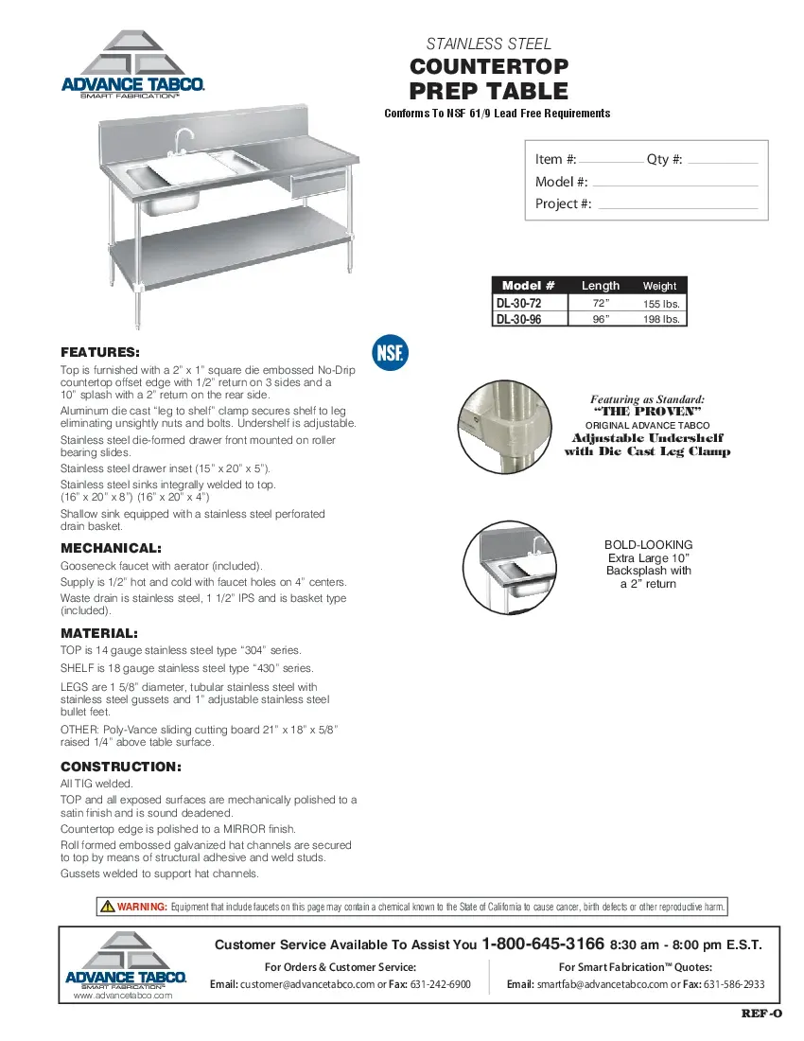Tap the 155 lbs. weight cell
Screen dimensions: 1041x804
[661, 304]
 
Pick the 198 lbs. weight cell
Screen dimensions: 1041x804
[661, 320]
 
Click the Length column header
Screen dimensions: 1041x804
[601, 286]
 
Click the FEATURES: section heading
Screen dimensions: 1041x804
[100, 352]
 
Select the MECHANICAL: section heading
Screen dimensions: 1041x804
[111, 548]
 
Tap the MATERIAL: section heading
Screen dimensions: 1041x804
[99, 632]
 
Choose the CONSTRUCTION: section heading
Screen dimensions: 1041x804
[121, 767]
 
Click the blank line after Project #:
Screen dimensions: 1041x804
[678, 207]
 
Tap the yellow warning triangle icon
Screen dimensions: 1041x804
[108, 907]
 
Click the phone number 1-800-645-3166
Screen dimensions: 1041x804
[543, 944]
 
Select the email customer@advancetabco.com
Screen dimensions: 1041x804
[307, 984]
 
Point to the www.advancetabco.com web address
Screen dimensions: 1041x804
[123, 996]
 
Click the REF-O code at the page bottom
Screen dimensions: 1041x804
[761, 1015]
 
